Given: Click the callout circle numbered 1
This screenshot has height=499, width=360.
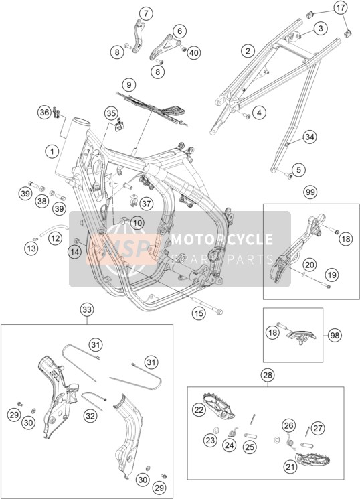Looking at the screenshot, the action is tap(52, 151).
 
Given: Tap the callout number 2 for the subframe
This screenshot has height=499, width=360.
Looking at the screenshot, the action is tap(248, 51).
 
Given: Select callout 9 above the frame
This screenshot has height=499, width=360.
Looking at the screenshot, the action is tap(128, 85).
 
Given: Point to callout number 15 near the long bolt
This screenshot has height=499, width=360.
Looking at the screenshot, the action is tap(199, 314).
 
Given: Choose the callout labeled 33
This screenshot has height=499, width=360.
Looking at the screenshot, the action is tap(87, 309).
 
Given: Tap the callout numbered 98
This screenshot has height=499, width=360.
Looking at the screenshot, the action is tap(335, 335).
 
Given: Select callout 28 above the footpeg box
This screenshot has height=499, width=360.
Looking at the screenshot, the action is tap(268, 375).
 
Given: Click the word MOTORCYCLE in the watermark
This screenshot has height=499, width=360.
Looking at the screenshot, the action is tap(222, 239).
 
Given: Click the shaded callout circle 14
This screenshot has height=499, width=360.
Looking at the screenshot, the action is tap(74, 252).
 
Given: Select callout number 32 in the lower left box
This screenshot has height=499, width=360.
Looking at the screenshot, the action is tap(90, 416).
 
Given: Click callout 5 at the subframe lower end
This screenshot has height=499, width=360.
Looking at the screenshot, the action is tap(298, 169).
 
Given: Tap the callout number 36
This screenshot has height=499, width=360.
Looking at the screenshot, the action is tap(45, 112).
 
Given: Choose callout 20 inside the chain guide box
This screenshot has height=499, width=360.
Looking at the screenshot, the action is tap(310, 265).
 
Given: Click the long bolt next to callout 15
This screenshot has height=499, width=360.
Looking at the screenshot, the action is tap(207, 306).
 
